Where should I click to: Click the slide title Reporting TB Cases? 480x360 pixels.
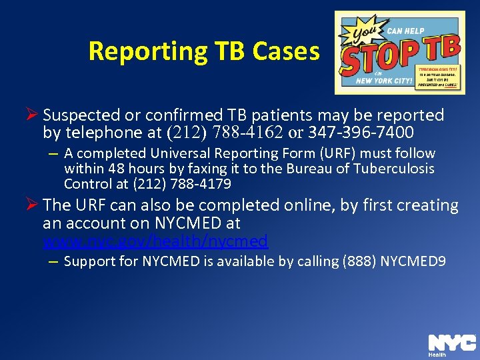[204, 51]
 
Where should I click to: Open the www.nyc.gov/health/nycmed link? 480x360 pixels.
[155, 241]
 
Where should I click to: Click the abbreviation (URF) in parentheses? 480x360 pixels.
[304, 153]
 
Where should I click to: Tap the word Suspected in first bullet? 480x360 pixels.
[83, 115]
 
